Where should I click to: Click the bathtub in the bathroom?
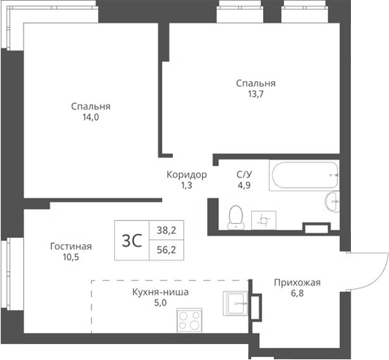tap(303, 176)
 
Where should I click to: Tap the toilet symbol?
tap(235, 217)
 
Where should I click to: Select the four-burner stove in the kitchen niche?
tap(190, 320)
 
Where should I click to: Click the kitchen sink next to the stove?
tap(236, 304)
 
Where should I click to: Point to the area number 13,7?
tap(256, 94)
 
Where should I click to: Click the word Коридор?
tap(186, 175)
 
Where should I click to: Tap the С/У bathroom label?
tap(244, 174)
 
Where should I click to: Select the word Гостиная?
tap(70, 247)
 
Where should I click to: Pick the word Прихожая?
tap(297, 282)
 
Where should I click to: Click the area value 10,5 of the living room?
tap(70, 258)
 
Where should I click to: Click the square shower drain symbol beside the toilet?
tap(262, 218)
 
